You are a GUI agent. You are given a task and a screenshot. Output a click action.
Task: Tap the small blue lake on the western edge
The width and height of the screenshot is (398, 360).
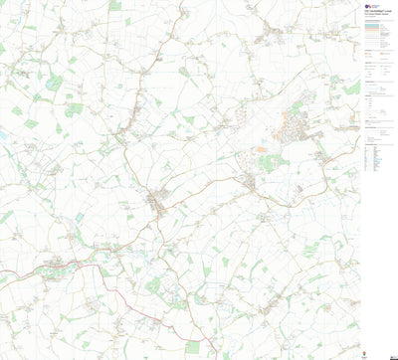click(4, 135)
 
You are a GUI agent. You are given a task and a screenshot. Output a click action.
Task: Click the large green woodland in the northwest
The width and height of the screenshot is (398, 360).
click(55, 82)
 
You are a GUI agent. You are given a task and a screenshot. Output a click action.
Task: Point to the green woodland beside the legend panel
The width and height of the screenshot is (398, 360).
click(351, 90)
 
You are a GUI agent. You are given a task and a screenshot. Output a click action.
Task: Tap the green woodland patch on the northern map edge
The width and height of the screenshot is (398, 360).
click(115, 6)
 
